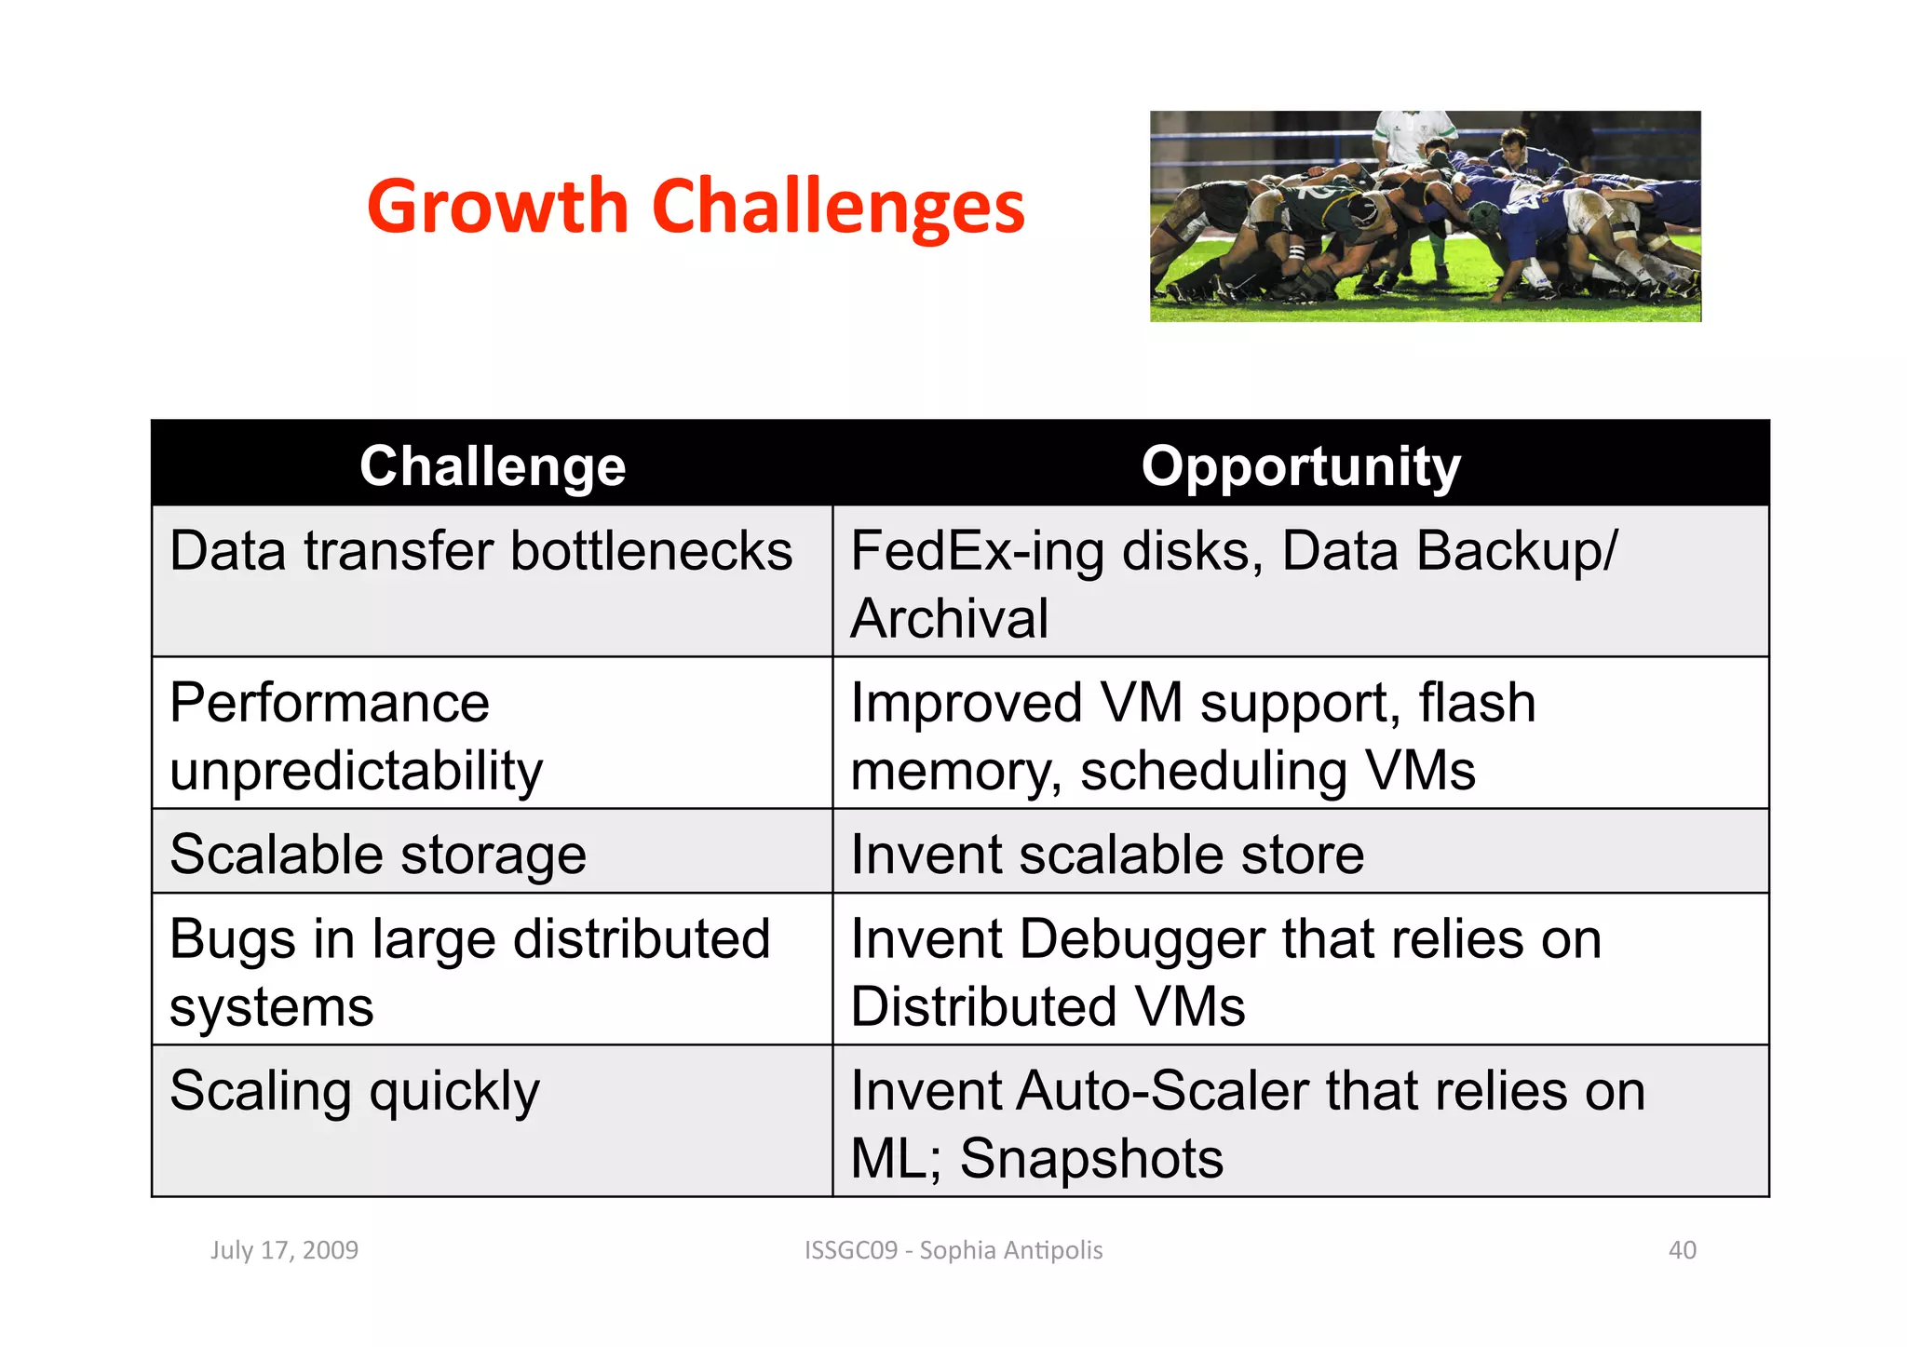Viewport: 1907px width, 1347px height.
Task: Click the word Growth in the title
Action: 498,207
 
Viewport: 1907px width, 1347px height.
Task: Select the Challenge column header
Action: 493,465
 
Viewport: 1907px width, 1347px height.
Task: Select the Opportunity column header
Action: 1301,465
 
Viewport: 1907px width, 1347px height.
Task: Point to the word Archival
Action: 949,619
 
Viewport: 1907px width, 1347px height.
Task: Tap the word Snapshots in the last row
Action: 1091,1159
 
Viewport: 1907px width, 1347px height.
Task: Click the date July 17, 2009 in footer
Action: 284,1250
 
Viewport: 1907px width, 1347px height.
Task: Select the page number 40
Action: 1682,1250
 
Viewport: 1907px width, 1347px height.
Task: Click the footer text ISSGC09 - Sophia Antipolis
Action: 953,1250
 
